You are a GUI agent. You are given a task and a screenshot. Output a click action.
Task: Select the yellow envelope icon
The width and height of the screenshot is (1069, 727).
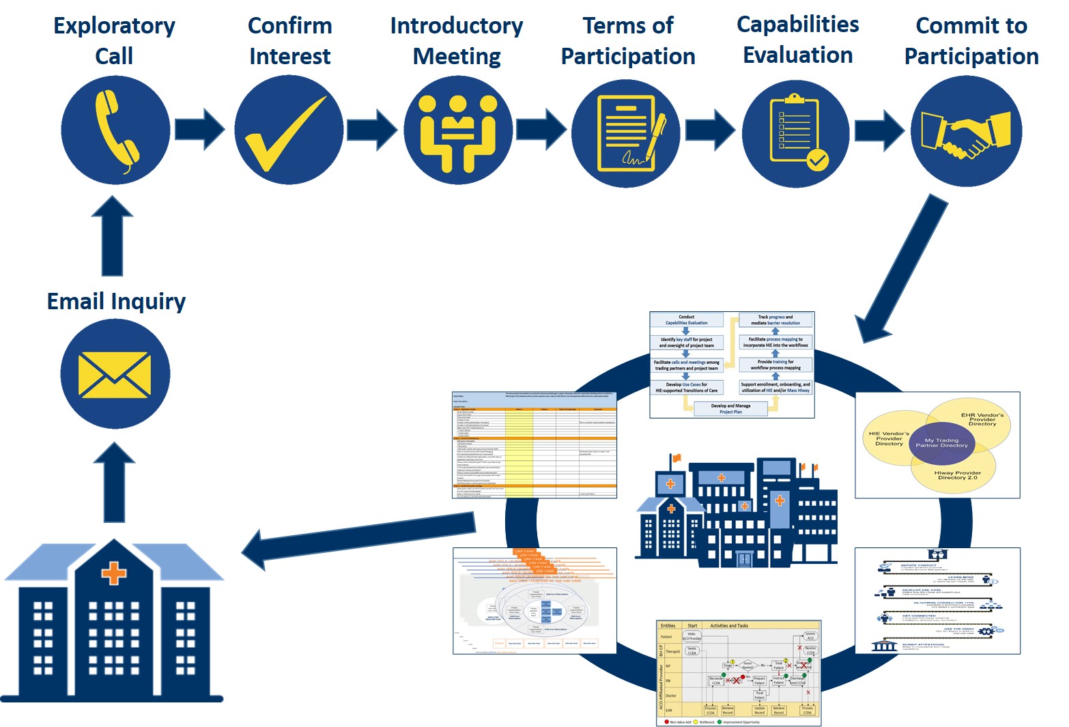point(115,375)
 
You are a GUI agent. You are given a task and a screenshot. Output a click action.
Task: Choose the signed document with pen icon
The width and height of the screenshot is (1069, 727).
point(627,133)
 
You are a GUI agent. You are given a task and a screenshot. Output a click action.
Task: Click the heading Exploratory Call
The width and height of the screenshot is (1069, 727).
point(114,41)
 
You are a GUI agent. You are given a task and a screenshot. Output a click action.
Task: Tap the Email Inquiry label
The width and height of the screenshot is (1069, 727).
point(116,301)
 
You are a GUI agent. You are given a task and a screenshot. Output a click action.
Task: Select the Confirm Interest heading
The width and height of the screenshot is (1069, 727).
point(290,41)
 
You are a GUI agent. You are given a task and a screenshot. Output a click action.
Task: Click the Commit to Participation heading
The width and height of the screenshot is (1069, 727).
point(971,41)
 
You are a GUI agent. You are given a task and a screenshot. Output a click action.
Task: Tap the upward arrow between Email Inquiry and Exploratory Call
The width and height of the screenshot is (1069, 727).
point(113,236)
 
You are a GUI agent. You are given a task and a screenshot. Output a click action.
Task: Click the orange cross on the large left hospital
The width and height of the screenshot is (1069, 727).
point(114,572)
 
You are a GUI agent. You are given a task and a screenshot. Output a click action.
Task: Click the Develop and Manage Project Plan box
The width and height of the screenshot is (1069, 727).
point(730,409)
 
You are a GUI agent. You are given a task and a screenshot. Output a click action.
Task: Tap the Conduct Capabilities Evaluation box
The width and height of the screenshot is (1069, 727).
point(686,320)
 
